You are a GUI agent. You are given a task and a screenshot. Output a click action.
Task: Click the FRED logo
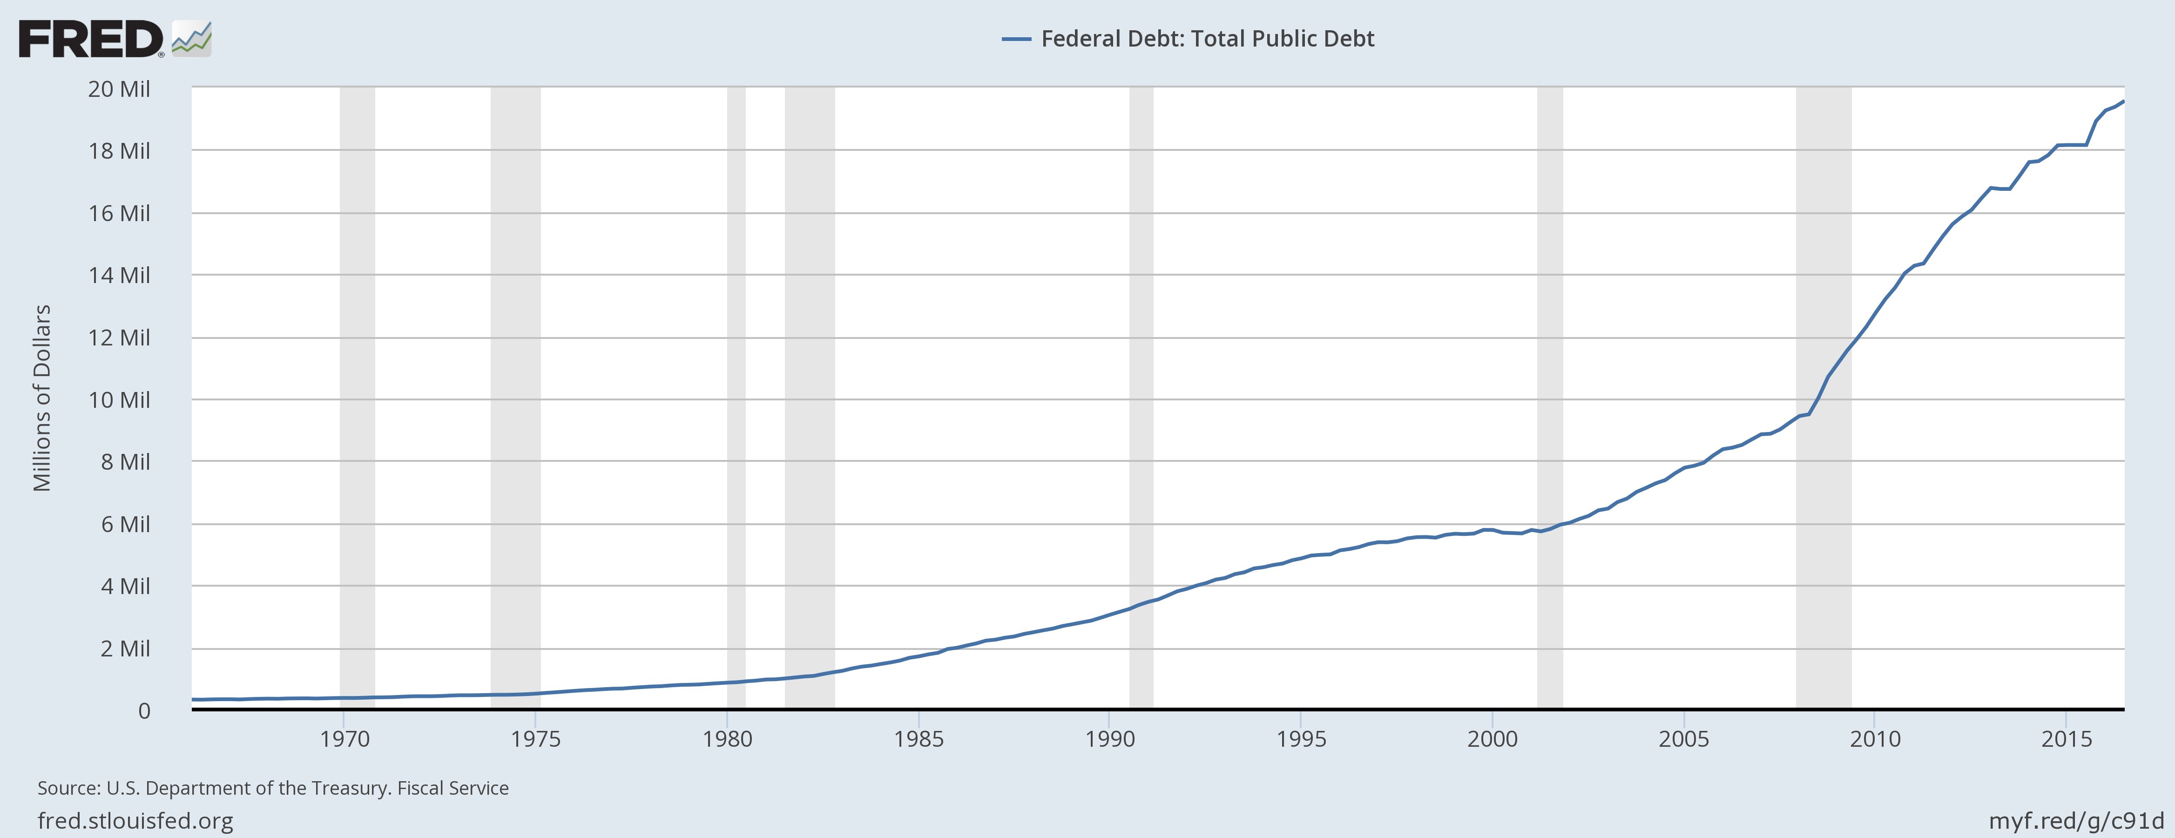tap(91, 39)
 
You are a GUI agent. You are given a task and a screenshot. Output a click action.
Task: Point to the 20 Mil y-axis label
tap(119, 89)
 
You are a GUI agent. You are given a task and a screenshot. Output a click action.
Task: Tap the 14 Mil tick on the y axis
tap(119, 276)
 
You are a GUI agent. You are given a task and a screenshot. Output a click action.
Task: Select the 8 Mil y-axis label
tap(125, 462)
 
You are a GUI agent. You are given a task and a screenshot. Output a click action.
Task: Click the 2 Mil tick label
tap(125, 649)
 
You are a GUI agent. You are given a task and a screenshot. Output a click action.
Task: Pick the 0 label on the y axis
tap(144, 711)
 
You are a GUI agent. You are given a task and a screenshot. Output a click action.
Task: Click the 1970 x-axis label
tap(344, 739)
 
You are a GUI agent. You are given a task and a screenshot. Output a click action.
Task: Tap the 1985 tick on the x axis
tap(919, 739)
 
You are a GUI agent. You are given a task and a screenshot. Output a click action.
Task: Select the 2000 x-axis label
tap(1492, 739)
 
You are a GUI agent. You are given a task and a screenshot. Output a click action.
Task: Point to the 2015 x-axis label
tap(2066, 739)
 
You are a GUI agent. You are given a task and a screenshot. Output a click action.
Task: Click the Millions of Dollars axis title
tap(42, 398)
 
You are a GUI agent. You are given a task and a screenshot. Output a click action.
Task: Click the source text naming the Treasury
tap(273, 788)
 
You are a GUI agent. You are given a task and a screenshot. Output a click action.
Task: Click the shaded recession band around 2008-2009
tap(1824, 397)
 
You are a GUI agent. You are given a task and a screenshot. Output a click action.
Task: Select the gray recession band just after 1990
tap(1141, 397)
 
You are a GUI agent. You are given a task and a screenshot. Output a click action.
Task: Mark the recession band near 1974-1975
tap(515, 397)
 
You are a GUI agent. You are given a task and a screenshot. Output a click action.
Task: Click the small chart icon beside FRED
tap(192, 39)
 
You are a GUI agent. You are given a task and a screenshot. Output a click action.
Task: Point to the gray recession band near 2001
tap(1549, 397)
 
